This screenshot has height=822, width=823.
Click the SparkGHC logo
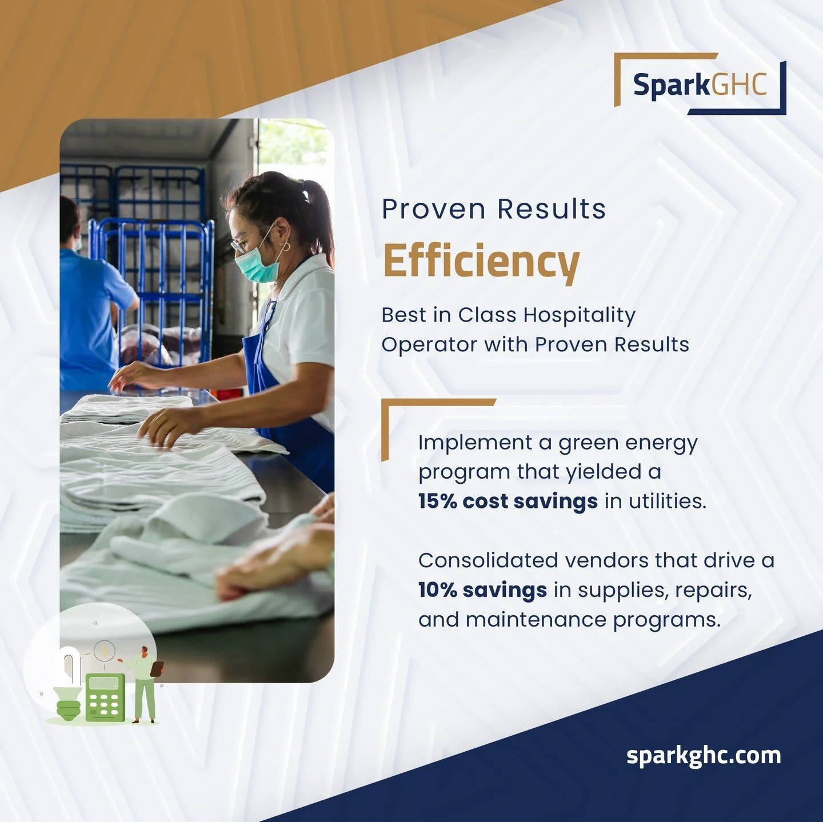click(x=700, y=85)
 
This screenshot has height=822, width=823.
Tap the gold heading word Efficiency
click(x=481, y=261)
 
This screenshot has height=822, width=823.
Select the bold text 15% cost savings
click(x=508, y=501)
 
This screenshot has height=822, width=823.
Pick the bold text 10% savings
click(x=482, y=590)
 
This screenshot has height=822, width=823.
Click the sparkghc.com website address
click(x=703, y=755)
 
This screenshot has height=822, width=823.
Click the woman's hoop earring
click(x=286, y=246)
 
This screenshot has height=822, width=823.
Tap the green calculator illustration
click(x=105, y=696)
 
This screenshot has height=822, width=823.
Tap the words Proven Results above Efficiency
click(x=493, y=209)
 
